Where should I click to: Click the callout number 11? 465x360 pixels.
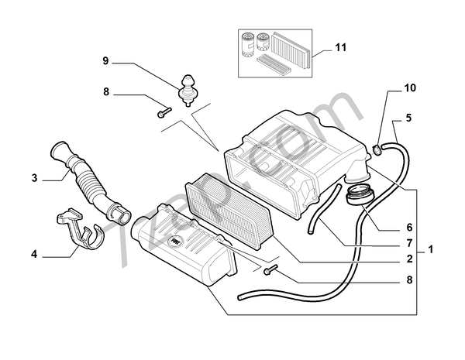(x=341, y=47)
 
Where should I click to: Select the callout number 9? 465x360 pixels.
(x=106, y=61)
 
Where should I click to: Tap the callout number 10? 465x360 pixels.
(x=411, y=88)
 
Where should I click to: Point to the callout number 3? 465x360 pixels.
(x=35, y=178)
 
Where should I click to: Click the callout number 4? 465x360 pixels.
(x=34, y=254)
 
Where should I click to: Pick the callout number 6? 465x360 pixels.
(x=409, y=228)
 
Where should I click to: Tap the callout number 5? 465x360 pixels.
(x=409, y=118)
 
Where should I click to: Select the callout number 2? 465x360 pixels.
(x=409, y=259)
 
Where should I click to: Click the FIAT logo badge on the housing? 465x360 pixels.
(x=175, y=242)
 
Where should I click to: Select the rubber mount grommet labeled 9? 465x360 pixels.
(x=187, y=90)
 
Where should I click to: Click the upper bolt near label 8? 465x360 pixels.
(x=164, y=112)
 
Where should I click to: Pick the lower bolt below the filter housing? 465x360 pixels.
(x=270, y=269)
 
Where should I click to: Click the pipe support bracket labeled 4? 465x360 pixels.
(x=79, y=228)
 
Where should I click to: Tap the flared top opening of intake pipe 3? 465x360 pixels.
(x=60, y=149)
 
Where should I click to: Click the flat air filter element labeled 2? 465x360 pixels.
(x=228, y=211)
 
